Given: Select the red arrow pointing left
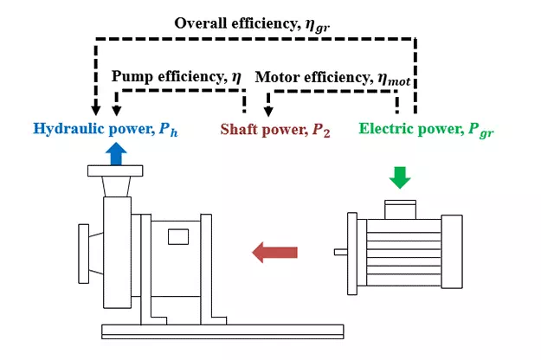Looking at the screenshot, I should coord(274,252).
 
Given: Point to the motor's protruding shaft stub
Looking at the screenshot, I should coord(340,253).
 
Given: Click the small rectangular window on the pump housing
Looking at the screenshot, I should coord(178,235).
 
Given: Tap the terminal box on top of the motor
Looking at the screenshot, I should coord(398,207).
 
